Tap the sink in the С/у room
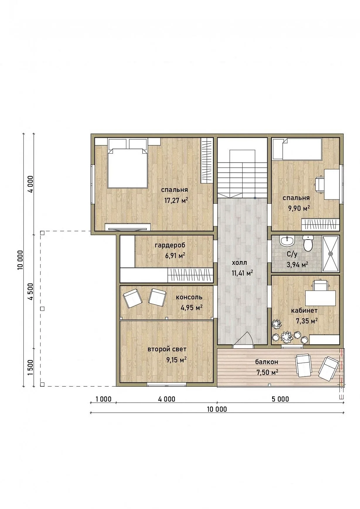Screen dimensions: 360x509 coord(287,241)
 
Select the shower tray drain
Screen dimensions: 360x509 coord(331,254)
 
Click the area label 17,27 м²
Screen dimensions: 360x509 coord(176,201)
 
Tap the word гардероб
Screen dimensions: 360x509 coord(170,245)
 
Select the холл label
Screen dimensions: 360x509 coord(239,263)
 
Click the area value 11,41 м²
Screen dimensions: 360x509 coord(242,273)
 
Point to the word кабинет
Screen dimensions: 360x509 coord(304,311)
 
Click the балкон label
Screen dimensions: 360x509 coord(267,362)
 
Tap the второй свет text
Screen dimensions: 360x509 coord(167,349)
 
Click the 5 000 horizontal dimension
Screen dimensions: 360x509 coord(280,399)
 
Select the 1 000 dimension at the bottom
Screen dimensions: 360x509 coord(103,399)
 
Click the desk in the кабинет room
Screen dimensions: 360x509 coord(320,298)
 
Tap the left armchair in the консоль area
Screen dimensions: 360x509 coord(133,298)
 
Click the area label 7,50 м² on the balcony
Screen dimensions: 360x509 coord(267,372)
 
